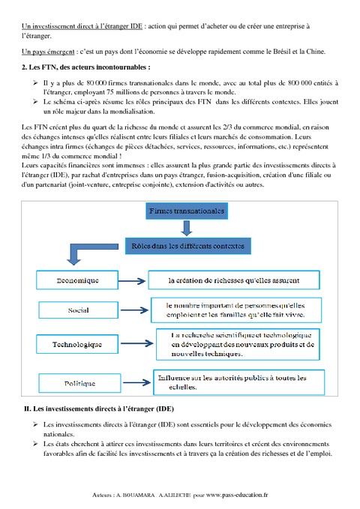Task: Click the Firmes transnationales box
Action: coord(187,212)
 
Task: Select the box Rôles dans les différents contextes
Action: coord(196,245)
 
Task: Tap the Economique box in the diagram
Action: coord(78,281)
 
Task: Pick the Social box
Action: coord(78,310)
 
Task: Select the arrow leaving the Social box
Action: coord(133,309)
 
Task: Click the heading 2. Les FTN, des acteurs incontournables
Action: coord(81,67)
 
